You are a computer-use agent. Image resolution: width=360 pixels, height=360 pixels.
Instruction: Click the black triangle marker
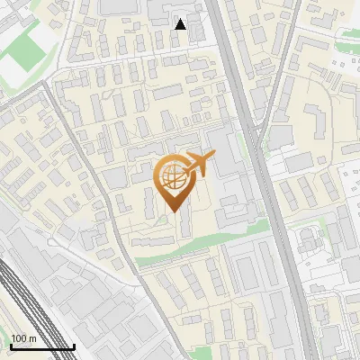[x=180, y=24]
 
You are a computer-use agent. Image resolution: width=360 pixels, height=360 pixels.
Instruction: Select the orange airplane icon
[x=198, y=164]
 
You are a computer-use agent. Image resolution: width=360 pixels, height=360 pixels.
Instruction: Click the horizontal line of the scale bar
[x=42, y=346]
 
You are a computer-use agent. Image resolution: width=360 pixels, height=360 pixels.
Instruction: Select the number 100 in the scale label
[x=20, y=338]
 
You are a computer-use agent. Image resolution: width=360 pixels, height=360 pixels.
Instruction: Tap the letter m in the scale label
[x=32, y=338]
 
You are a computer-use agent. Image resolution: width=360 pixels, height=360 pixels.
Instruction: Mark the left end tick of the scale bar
[x=11, y=345]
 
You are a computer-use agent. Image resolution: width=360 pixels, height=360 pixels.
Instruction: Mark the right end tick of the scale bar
[x=74, y=345]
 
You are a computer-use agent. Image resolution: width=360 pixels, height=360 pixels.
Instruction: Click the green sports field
[x=22, y=54]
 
